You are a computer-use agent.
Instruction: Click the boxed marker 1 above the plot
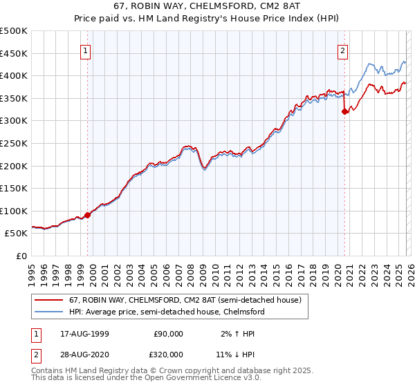85,50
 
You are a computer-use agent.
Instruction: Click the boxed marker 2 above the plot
342,50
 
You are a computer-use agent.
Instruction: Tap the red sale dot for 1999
88,215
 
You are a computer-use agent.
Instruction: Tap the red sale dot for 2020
344,112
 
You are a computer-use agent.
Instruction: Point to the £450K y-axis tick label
14,53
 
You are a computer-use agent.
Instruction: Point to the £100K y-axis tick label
14,211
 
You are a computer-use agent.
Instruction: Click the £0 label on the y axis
21,256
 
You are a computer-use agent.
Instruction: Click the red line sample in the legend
49,301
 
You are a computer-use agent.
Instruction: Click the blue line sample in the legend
49,312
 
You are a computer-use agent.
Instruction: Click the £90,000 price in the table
168,333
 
